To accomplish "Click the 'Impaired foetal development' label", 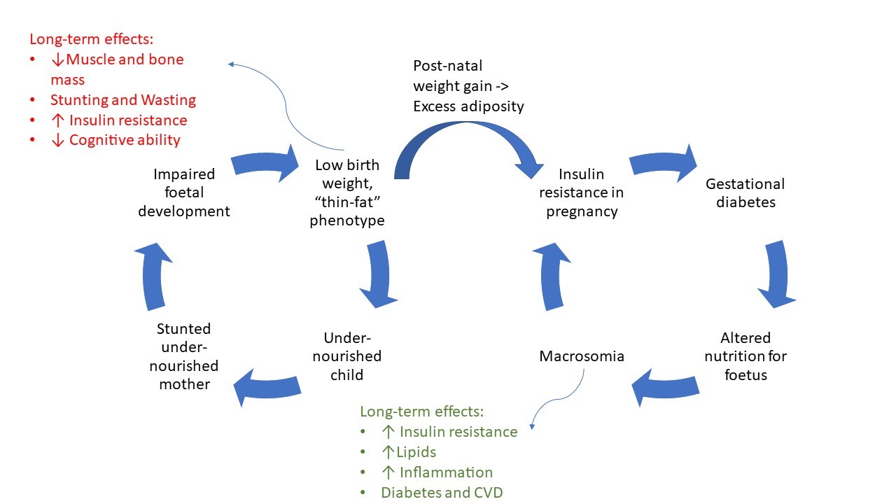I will [x=183, y=192].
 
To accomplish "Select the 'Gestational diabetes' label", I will [x=745, y=193].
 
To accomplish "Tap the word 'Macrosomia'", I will [x=582, y=356].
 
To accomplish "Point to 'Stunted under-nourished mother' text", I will [x=184, y=356].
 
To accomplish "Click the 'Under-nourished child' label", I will [x=346, y=356].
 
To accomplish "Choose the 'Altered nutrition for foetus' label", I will [x=745, y=356].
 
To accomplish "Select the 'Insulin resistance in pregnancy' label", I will [x=581, y=192].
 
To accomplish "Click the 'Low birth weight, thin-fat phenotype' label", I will [x=347, y=192].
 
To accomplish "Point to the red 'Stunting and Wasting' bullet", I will [x=122, y=100].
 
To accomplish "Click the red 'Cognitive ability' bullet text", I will [x=125, y=140].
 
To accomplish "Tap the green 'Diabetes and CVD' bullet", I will [x=442, y=493].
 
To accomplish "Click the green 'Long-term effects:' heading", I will [x=421, y=412].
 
